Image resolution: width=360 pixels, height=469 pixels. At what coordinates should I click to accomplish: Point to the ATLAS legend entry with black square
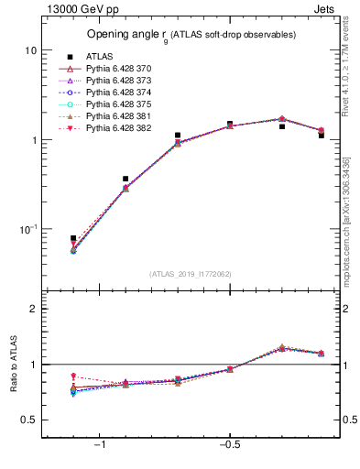(99, 56)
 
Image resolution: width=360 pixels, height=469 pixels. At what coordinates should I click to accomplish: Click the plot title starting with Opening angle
(191, 35)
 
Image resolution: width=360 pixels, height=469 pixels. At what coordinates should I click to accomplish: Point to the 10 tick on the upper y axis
(30, 50)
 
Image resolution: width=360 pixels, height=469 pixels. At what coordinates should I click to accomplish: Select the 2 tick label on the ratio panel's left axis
(33, 309)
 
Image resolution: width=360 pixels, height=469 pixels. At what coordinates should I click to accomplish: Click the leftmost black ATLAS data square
(73, 238)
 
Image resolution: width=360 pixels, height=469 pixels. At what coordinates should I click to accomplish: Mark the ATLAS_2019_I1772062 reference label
(191, 274)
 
